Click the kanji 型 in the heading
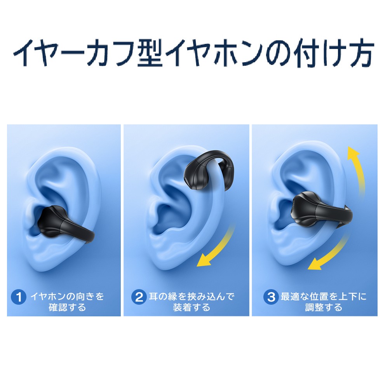point(150,53)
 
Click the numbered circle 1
point(19,297)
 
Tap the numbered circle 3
point(271,297)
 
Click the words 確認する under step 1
point(67,307)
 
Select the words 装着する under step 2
point(192,307)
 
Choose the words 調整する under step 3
point(324,307)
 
